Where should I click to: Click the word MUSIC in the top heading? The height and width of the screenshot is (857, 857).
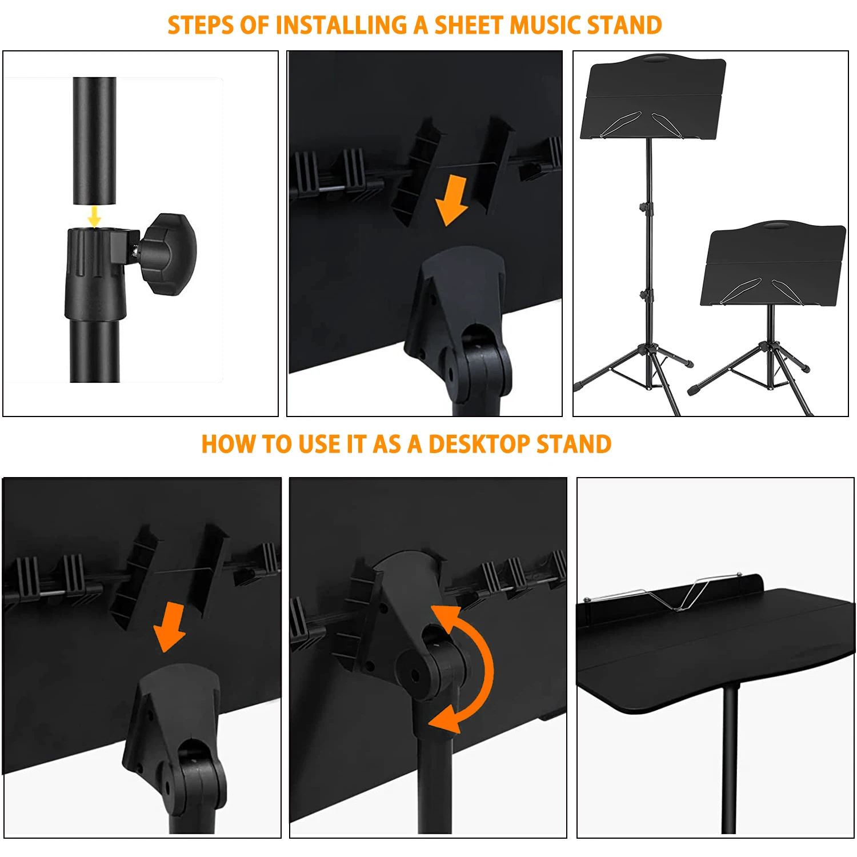[545, 26]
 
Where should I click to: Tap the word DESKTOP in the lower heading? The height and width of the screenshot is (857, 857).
[479, 444]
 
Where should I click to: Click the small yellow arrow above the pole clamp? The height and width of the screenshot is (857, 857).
[95, 217]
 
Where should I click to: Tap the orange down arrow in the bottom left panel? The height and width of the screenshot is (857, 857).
[170, 627]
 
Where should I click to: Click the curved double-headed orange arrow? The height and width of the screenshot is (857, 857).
[468, 668]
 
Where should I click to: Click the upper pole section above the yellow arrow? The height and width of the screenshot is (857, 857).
[95, 140]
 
